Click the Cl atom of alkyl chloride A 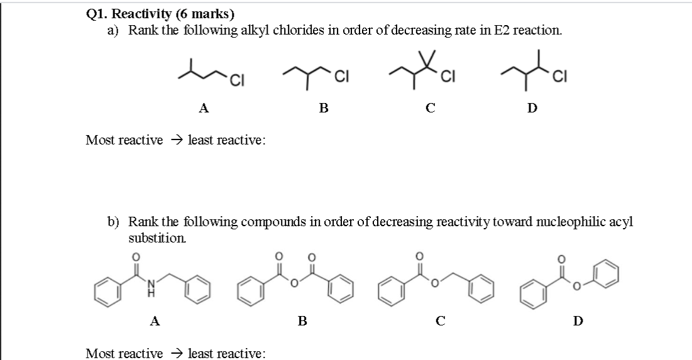[236, 79]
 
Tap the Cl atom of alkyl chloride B [342, 78]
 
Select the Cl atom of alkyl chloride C [448, 78]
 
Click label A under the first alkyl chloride [204, 108]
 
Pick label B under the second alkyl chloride [324, 108]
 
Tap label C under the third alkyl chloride [431, 108]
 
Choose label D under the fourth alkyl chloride [532, 108]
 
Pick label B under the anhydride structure [302, 322]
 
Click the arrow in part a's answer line [175, 139]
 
